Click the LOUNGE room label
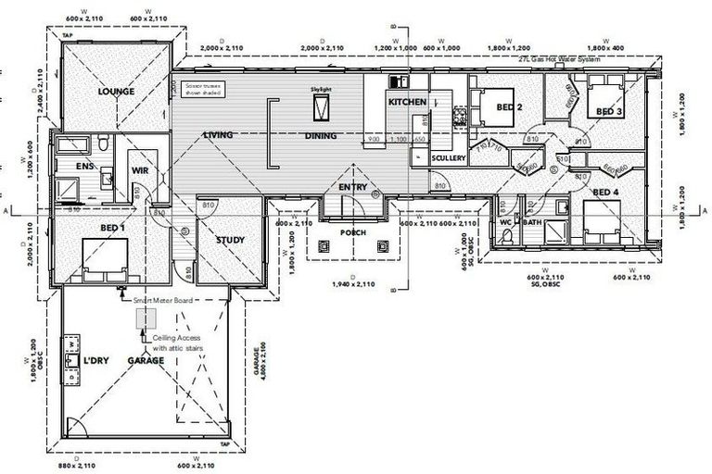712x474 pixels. [x=117, y=92]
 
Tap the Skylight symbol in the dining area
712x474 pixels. [x=321, y=106]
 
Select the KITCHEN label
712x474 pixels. [x=407, y=101]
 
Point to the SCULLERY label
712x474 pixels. [x=449, y=158]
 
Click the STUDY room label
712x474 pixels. [x=230, y=241]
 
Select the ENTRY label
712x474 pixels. [x=352, y=188]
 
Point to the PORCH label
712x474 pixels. [x=353, y=232]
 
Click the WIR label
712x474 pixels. [x=141, y=170]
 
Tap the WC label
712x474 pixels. [x=506, y=223]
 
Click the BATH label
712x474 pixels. [x=532, y=223]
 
